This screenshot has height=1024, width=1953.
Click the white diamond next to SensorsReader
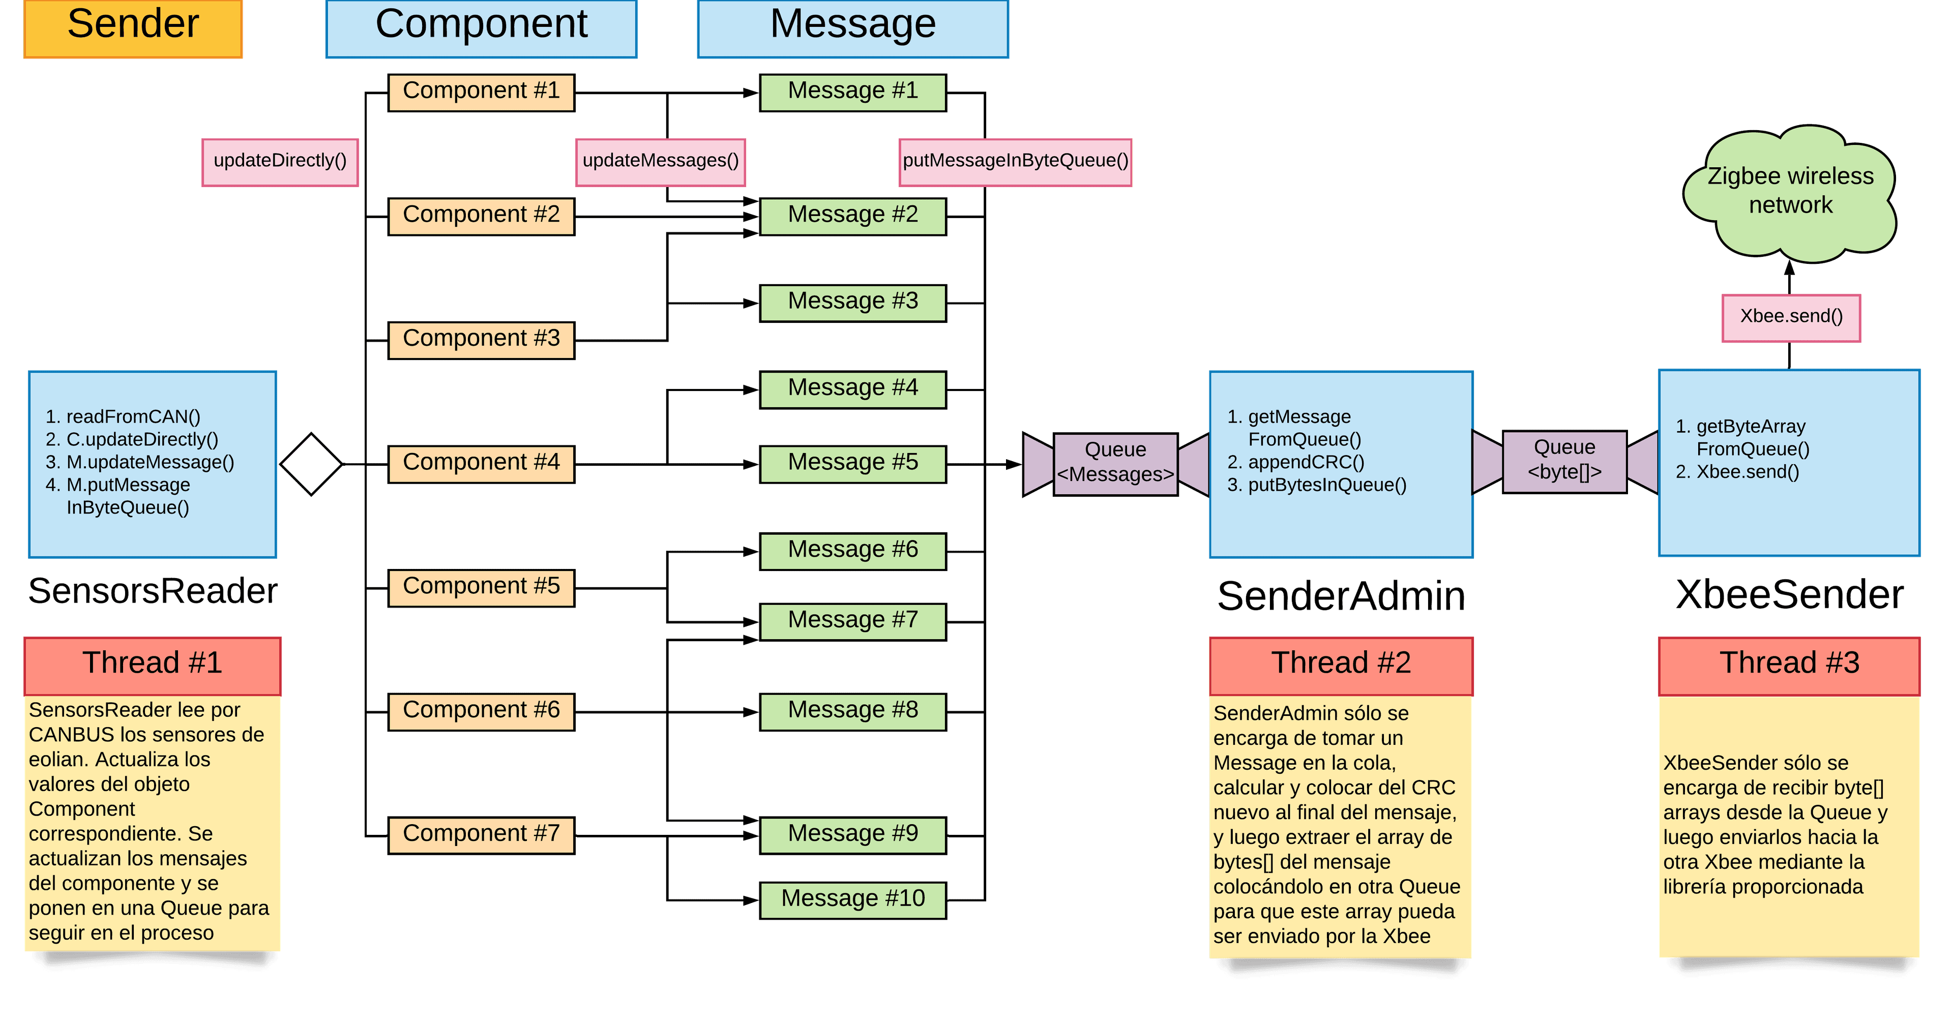(x=311, y=464)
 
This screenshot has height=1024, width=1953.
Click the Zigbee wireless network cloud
(x=1790, y=193)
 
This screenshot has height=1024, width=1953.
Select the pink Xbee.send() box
(x=1791, y=317)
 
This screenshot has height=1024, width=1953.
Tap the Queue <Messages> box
(x=1115, y=463)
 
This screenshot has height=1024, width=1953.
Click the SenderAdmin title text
(x=1341, y=596)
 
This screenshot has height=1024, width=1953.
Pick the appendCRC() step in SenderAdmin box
(x=1306, y=462)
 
